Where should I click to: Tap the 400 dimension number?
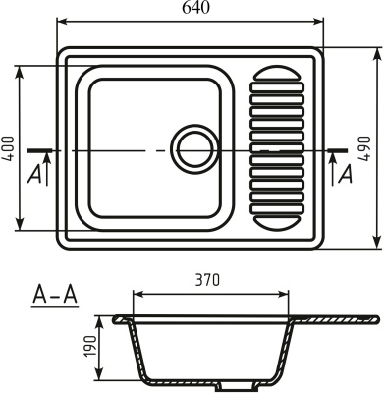(x=9, y=147)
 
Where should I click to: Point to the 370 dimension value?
(x=207, y=279)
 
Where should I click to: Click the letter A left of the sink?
(x=34, y=174)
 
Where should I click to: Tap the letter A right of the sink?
(x=345, y=174)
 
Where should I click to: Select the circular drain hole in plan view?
(x=192, y=149)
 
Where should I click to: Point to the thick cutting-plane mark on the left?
(x=39, y=150)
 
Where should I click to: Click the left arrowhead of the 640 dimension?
(x=61, y=19)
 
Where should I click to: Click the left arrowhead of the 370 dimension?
(x=137, y=293)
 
